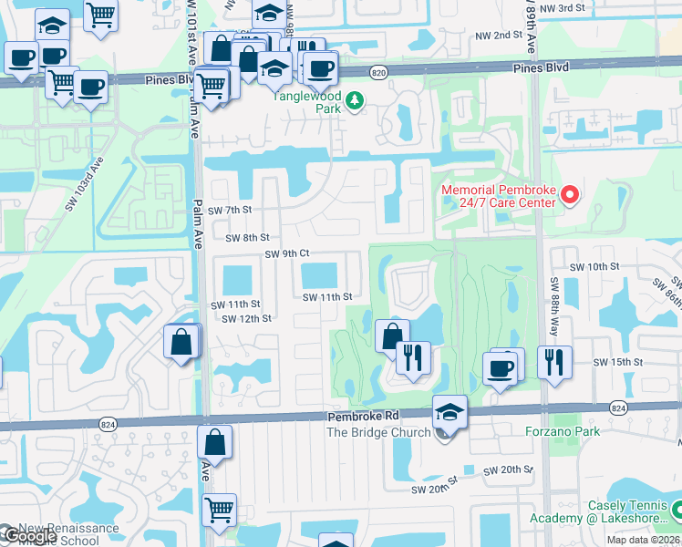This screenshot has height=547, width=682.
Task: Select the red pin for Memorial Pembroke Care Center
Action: click(571, 194)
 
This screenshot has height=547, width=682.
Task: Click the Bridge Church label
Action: click(377, 432)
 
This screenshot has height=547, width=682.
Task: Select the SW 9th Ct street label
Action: click(288, 253)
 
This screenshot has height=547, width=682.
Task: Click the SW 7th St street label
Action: click(230, 211)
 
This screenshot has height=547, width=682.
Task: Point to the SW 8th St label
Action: click(248, 237)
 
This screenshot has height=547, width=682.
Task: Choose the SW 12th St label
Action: click(247, 318)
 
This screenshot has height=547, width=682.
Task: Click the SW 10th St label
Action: click(594, 266)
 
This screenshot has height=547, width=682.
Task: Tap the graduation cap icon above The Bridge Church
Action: click(449, 411)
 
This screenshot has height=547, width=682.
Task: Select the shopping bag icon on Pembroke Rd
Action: click(213, 443)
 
